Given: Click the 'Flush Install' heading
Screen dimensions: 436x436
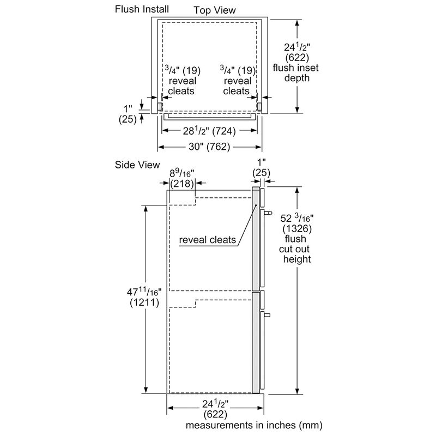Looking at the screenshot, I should tap(142, 9).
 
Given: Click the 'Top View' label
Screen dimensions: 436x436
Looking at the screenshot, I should tap(215, 10).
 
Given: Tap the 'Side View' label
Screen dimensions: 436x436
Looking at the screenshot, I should tap(137, 165).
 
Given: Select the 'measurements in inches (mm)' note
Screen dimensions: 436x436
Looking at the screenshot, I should tap(254, 425).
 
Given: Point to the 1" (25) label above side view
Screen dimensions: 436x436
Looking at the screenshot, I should tap(262, 168).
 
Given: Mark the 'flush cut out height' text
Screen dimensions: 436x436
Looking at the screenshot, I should tap(296, 249).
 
